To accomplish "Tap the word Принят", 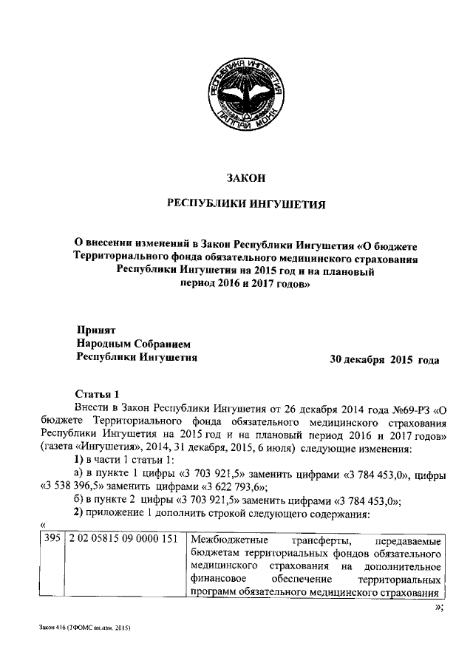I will click(97, 330).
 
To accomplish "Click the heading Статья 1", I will click(97, 392).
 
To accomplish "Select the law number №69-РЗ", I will click(406, 407).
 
